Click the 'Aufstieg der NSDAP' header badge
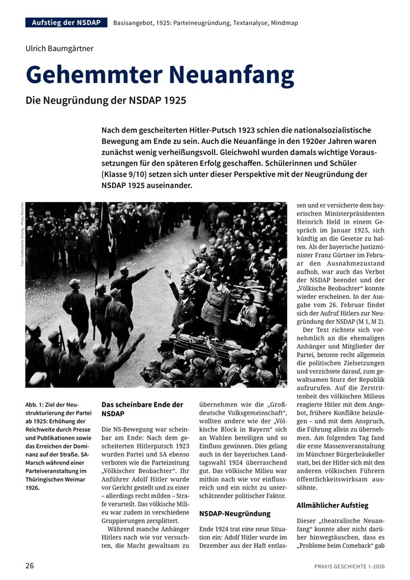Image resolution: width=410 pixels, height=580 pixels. (66, 23)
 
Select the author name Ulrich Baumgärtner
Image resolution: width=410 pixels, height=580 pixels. (59, 48)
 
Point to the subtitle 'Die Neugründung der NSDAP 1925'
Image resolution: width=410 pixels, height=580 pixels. (106, 100)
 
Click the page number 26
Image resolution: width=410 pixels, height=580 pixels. (30, 566)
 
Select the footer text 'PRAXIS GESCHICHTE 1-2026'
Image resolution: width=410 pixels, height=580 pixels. (349, 566)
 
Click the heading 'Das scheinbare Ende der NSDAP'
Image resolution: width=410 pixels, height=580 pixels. (142, 409)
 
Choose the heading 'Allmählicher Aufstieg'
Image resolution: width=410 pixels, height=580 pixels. (333, 505)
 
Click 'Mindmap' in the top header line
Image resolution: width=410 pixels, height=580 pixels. (283, 23)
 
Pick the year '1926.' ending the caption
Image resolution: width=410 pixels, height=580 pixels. (32, 487)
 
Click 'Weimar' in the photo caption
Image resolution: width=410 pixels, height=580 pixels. (74, 479)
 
